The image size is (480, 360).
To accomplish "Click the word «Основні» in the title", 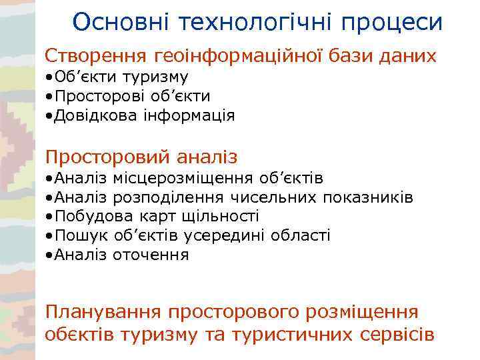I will pyautogui.click(x=122, y=22).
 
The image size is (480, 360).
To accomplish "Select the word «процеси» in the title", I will pyautogui.click(x=393, y=22).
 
